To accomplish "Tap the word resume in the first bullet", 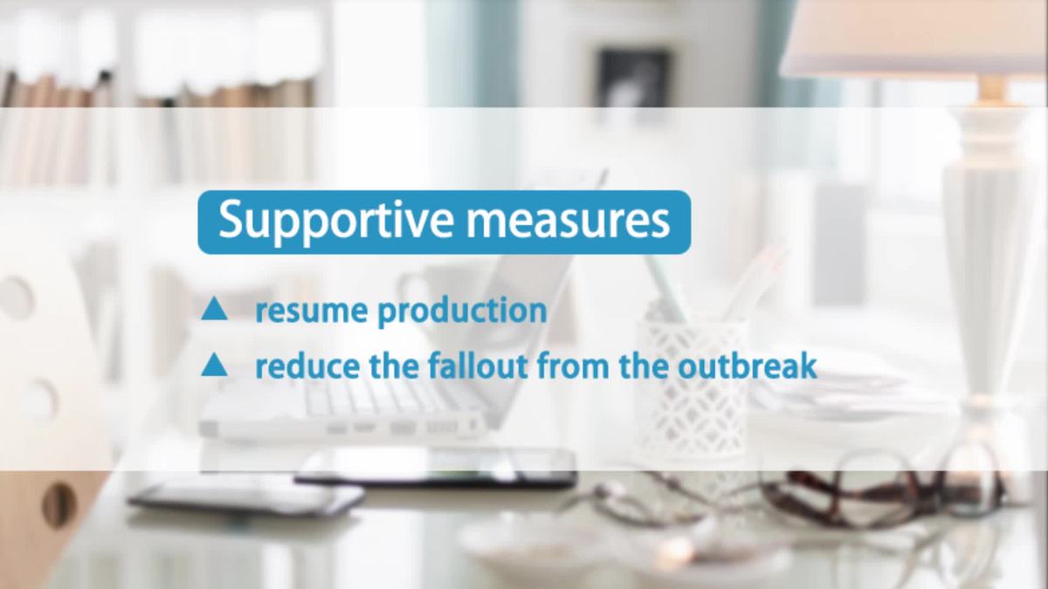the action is point(311,312).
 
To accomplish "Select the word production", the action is point(462,312).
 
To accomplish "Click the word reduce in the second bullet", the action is point(307,367).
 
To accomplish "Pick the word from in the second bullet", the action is point(573,367).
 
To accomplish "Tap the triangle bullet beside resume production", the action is point(214,310).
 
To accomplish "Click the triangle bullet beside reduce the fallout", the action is point(214,366).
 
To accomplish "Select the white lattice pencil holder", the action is point(693,388).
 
